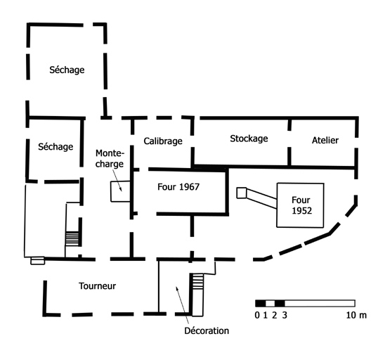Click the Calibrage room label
point(163,141)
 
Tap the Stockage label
point(249,139)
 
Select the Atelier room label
point(325,140)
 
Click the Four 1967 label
point(178,187)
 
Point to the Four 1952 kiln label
point(301,205)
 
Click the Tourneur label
point(98,286)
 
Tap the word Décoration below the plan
point(207,330)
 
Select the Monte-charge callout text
point(110,158)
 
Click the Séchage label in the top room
point(67,70)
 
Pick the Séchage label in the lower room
point(56,147)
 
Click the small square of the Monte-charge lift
point(120,191)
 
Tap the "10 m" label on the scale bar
point(356,315)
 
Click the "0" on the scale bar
point(257,315)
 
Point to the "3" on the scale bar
point(285,315)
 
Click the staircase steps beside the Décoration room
point(197,281)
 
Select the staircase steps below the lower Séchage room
point(72,238)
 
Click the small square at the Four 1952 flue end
point(241,193)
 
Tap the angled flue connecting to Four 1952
point(261,198)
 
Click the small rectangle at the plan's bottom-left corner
point(37,261)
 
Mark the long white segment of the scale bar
point(320,303)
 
